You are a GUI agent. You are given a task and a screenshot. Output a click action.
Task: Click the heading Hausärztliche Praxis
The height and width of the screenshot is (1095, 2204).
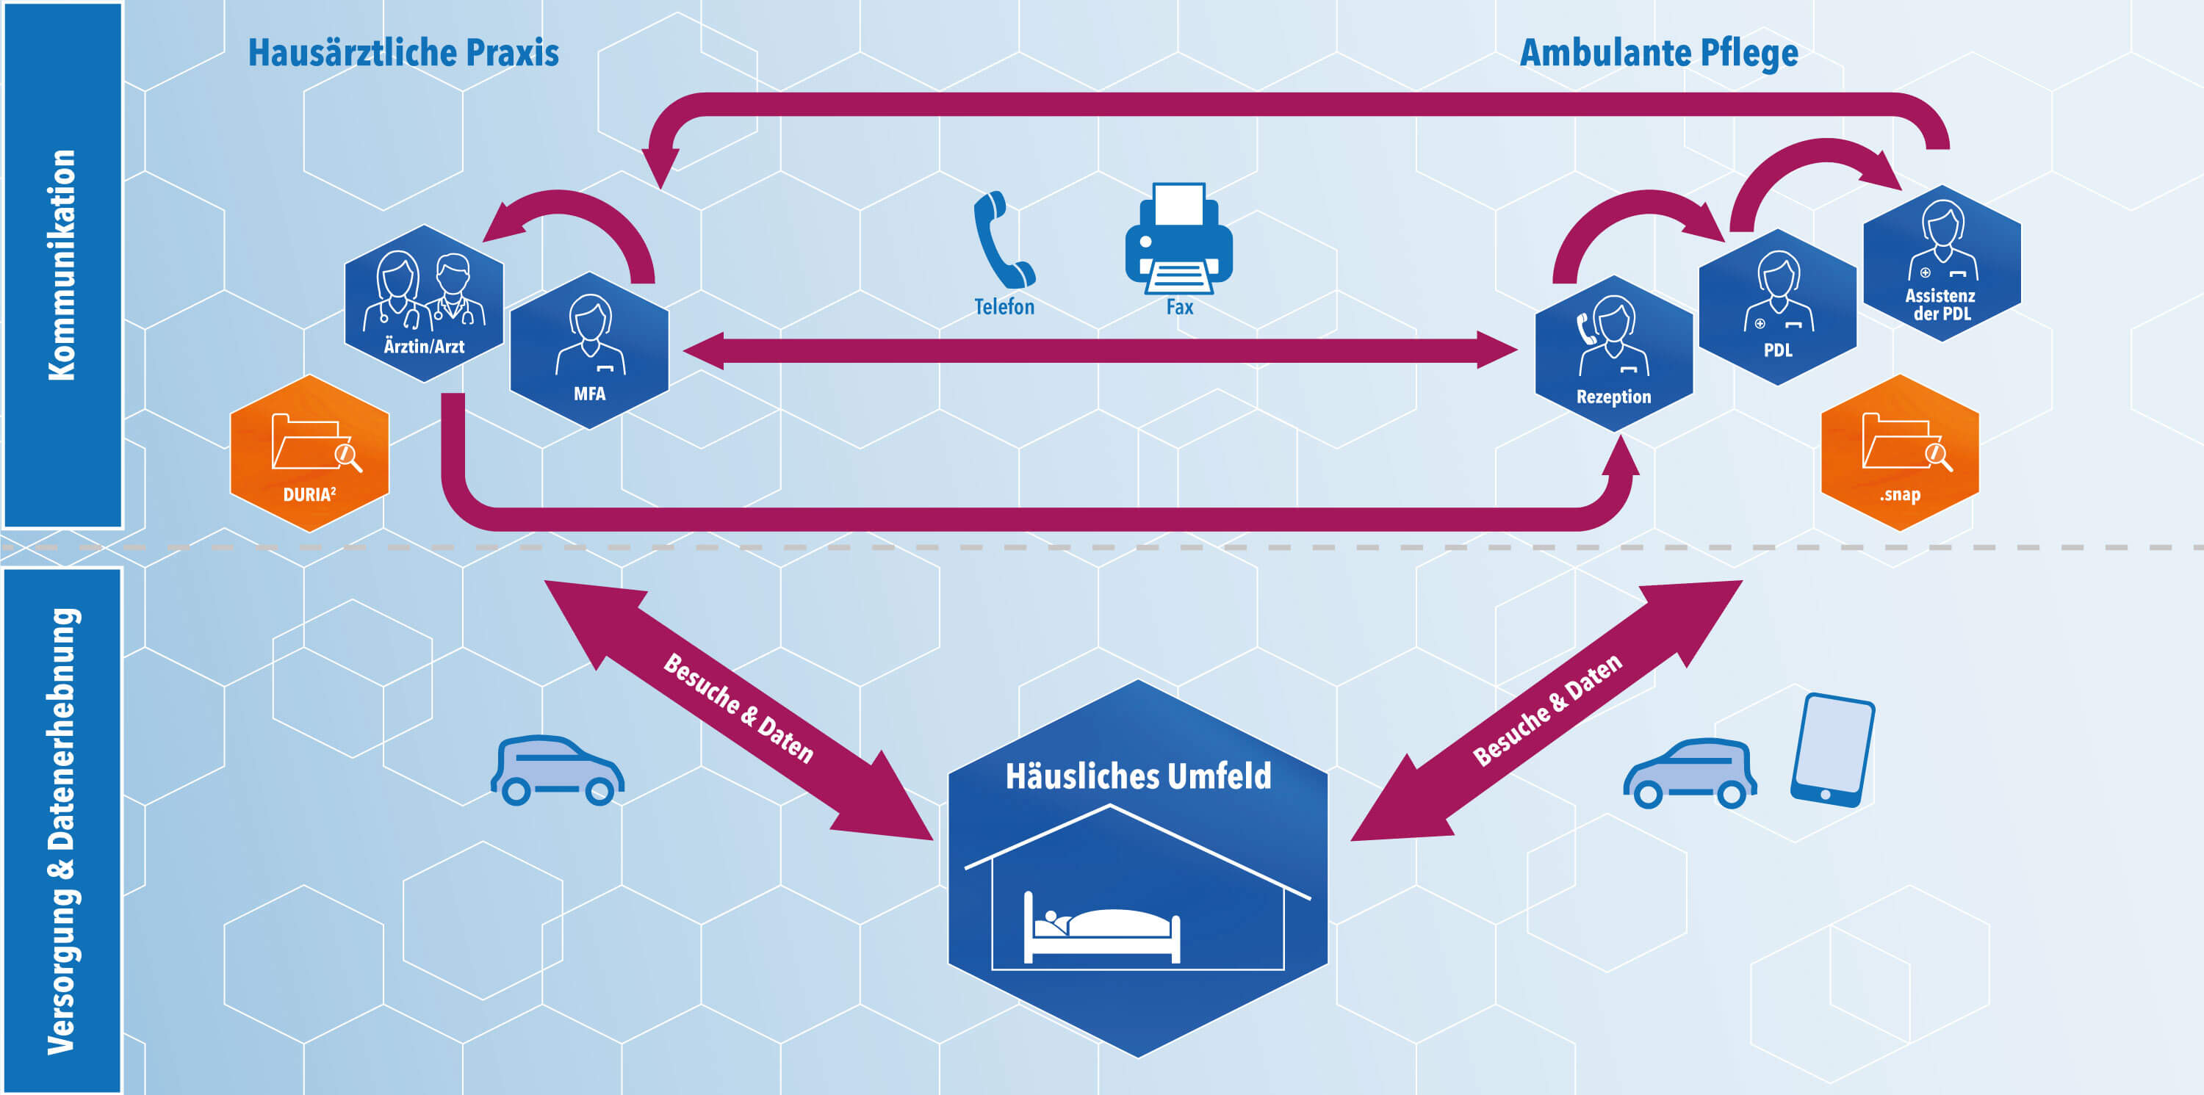[403, 53]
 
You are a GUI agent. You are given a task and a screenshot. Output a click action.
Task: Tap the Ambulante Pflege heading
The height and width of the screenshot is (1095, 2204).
[1658, 53]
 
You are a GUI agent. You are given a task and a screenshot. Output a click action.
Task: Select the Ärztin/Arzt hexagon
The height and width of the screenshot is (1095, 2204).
[423, 304]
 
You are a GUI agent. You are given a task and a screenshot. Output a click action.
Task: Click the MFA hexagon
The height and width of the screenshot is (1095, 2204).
[588, 351]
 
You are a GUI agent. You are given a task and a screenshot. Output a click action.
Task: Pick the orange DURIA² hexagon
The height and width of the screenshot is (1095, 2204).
[310, 453]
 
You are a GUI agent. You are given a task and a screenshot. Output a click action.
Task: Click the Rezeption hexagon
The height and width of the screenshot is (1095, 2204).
[1613, 353]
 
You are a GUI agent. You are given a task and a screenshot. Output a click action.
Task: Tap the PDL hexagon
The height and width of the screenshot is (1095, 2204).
[1777, 306]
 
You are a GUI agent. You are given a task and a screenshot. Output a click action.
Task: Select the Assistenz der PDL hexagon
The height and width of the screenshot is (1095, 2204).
[1941, 264]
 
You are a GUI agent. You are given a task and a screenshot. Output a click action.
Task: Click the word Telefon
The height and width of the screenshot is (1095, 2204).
[1004, 307]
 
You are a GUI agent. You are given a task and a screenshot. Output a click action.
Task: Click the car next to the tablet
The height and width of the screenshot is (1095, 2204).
[1689, 773]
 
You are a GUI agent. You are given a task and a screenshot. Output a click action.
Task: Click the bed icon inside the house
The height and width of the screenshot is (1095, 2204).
[1102, 928]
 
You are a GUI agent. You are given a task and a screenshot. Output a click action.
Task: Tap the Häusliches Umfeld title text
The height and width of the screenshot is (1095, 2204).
[1137, 777]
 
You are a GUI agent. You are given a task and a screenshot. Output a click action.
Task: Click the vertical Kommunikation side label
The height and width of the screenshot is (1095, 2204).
[62, 265]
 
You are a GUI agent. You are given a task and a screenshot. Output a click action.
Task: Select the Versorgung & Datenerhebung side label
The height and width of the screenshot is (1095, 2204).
[62, 830]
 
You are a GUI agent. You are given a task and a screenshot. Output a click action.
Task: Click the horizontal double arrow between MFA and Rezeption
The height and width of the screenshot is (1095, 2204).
[1100, 351]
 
